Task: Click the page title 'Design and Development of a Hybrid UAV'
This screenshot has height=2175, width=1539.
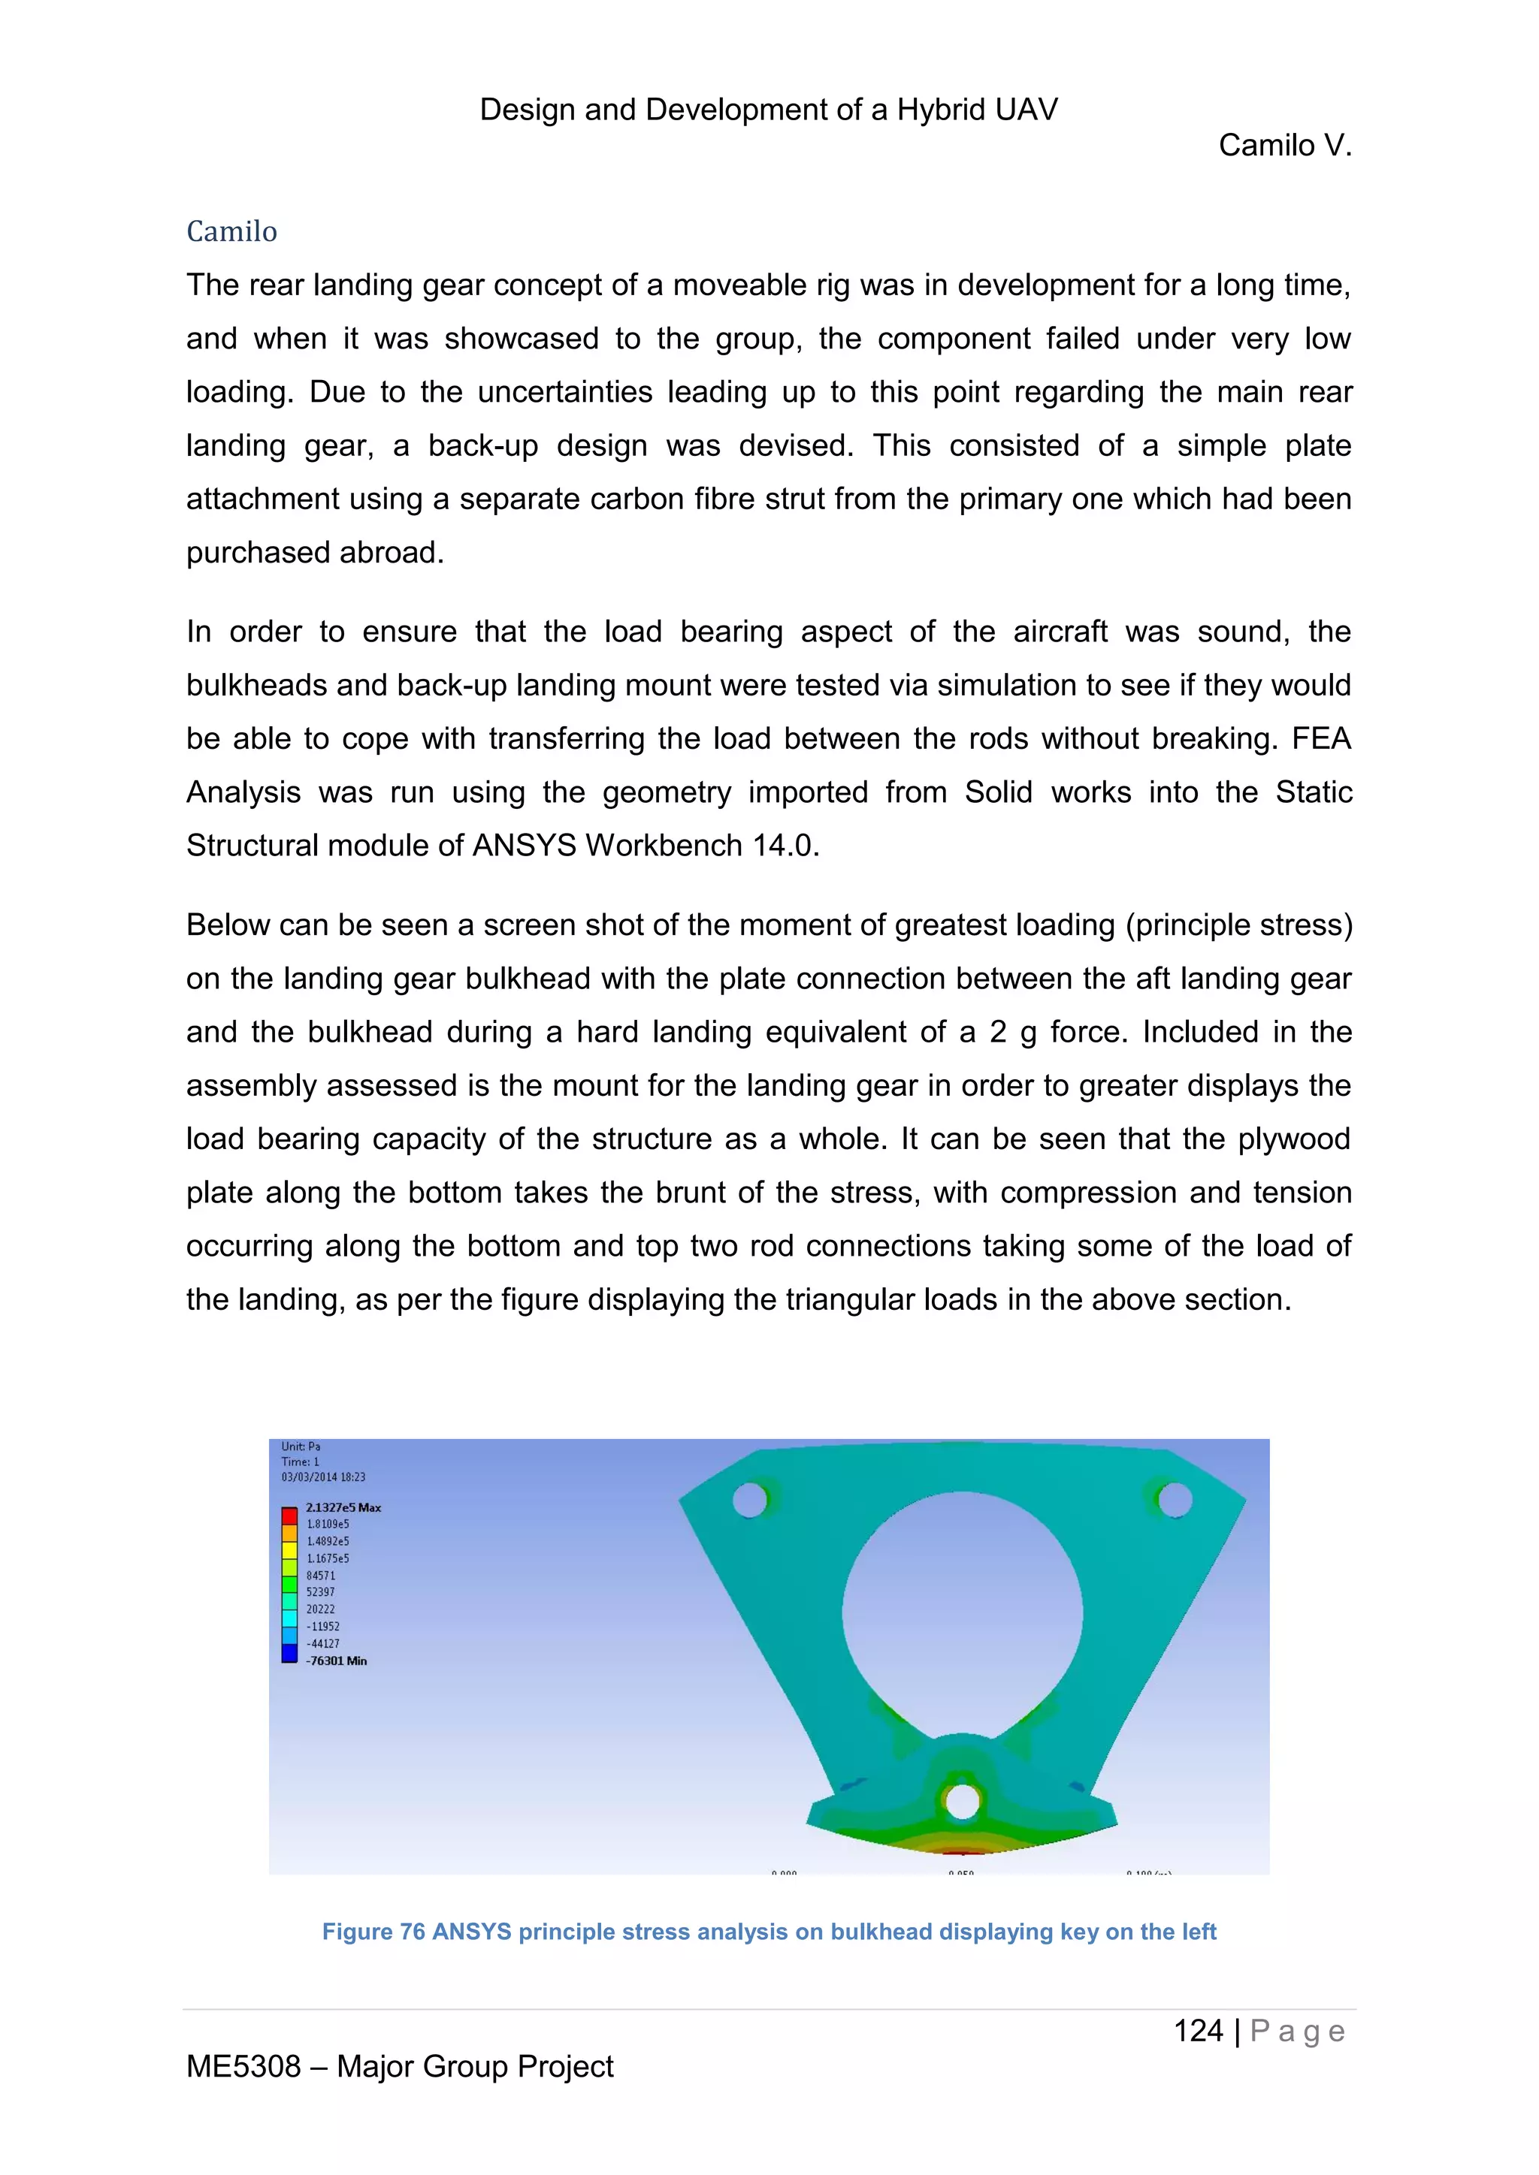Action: (769, 110)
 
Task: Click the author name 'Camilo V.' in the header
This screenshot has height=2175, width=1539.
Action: (1284, 146)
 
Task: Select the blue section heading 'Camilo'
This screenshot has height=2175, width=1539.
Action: (231, 231)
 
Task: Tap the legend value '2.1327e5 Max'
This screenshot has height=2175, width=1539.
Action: (343, 1507)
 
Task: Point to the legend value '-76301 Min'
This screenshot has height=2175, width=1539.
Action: (337, 1661)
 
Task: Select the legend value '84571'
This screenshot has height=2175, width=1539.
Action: (320, 1576)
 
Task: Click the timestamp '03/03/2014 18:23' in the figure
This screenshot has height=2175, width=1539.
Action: (323, 1477)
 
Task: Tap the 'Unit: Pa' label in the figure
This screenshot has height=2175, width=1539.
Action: (301, 1446)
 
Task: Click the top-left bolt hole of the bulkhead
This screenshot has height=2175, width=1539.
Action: (750, 1500)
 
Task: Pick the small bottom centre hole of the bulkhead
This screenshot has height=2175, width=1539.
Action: (962, 1801)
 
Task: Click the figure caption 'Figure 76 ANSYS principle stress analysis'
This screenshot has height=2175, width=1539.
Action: (769, 1932)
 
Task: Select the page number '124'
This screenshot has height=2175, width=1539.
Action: (1198, 2031)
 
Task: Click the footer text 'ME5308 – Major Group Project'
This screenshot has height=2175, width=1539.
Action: (399, 2066)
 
